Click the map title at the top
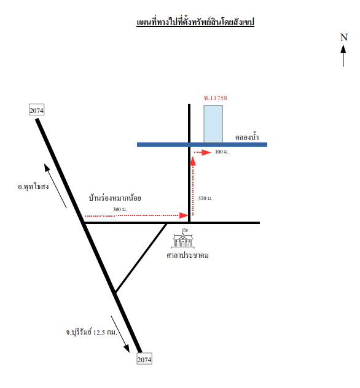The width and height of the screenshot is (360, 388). tap(195, 22)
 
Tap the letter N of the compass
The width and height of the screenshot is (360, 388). tap(344, 37)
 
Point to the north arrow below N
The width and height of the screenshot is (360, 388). tap(343, 56)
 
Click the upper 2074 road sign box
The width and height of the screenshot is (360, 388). tap(37, 110)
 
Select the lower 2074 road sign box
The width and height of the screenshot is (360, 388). tap(144, 359)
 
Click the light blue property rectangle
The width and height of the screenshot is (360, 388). tap(213, 124)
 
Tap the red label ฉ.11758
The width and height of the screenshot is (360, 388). tap(216, 98)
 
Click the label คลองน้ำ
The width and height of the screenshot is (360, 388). tap(247, 137)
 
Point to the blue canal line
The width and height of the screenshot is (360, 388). tap(202, 144)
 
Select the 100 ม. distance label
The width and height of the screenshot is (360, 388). tap(222, 152)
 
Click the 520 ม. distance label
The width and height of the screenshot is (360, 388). tap(205, 198)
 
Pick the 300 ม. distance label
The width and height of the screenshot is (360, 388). tap(120, 209)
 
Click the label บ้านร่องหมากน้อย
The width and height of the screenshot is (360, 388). tap(115, 198)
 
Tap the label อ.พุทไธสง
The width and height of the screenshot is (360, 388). tap(33, 187)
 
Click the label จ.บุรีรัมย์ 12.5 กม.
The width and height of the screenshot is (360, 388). tap(92, 332)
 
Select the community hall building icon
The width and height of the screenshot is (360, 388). tap(183, 238)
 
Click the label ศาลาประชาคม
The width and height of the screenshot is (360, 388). tap(187, 255)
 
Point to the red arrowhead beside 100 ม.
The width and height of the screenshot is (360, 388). tap(206, 152)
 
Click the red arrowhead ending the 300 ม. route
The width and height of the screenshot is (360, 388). tap(184, 215)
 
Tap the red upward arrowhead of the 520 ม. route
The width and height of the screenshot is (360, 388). tap(193, 161)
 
